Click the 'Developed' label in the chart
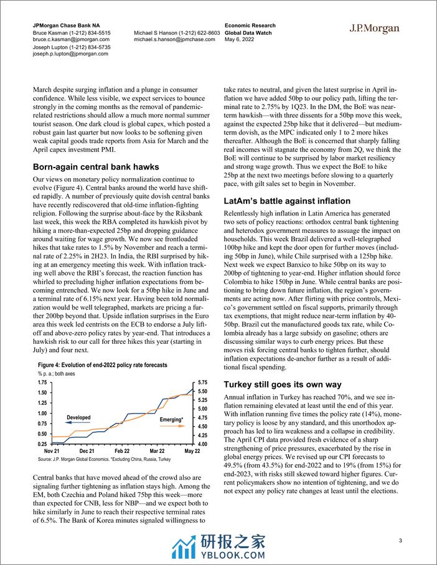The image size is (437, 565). [78, 417]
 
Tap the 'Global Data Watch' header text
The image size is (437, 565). [248, 32]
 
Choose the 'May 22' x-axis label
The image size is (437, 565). [191, 450]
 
